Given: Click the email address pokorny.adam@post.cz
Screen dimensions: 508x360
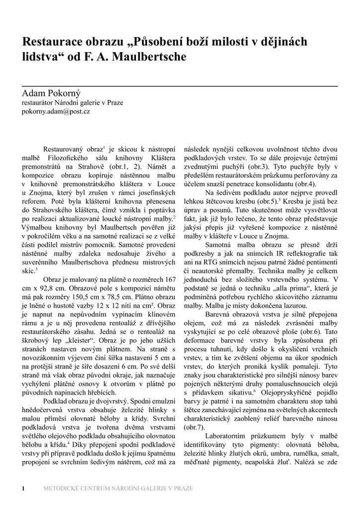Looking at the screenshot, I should (56, 112).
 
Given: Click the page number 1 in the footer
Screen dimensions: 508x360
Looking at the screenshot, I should (23, 488).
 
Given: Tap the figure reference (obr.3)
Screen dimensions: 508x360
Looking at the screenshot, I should (257, 167).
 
